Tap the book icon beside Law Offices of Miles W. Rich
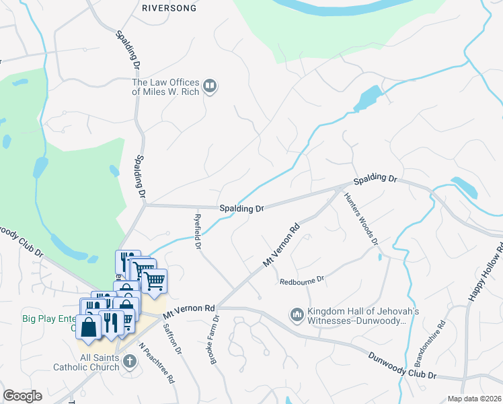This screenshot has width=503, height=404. [210, 86]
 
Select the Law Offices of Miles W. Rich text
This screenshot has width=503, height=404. [165, 87]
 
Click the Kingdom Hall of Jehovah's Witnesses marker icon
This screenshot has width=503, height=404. [297, 314]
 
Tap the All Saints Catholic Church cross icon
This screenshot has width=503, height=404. [129, 362]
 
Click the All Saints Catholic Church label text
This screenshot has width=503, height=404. [86, 362]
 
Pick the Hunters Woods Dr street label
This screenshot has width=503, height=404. [361, 219]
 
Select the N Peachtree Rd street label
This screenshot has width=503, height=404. [157, 363]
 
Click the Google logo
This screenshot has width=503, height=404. [22, 396]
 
